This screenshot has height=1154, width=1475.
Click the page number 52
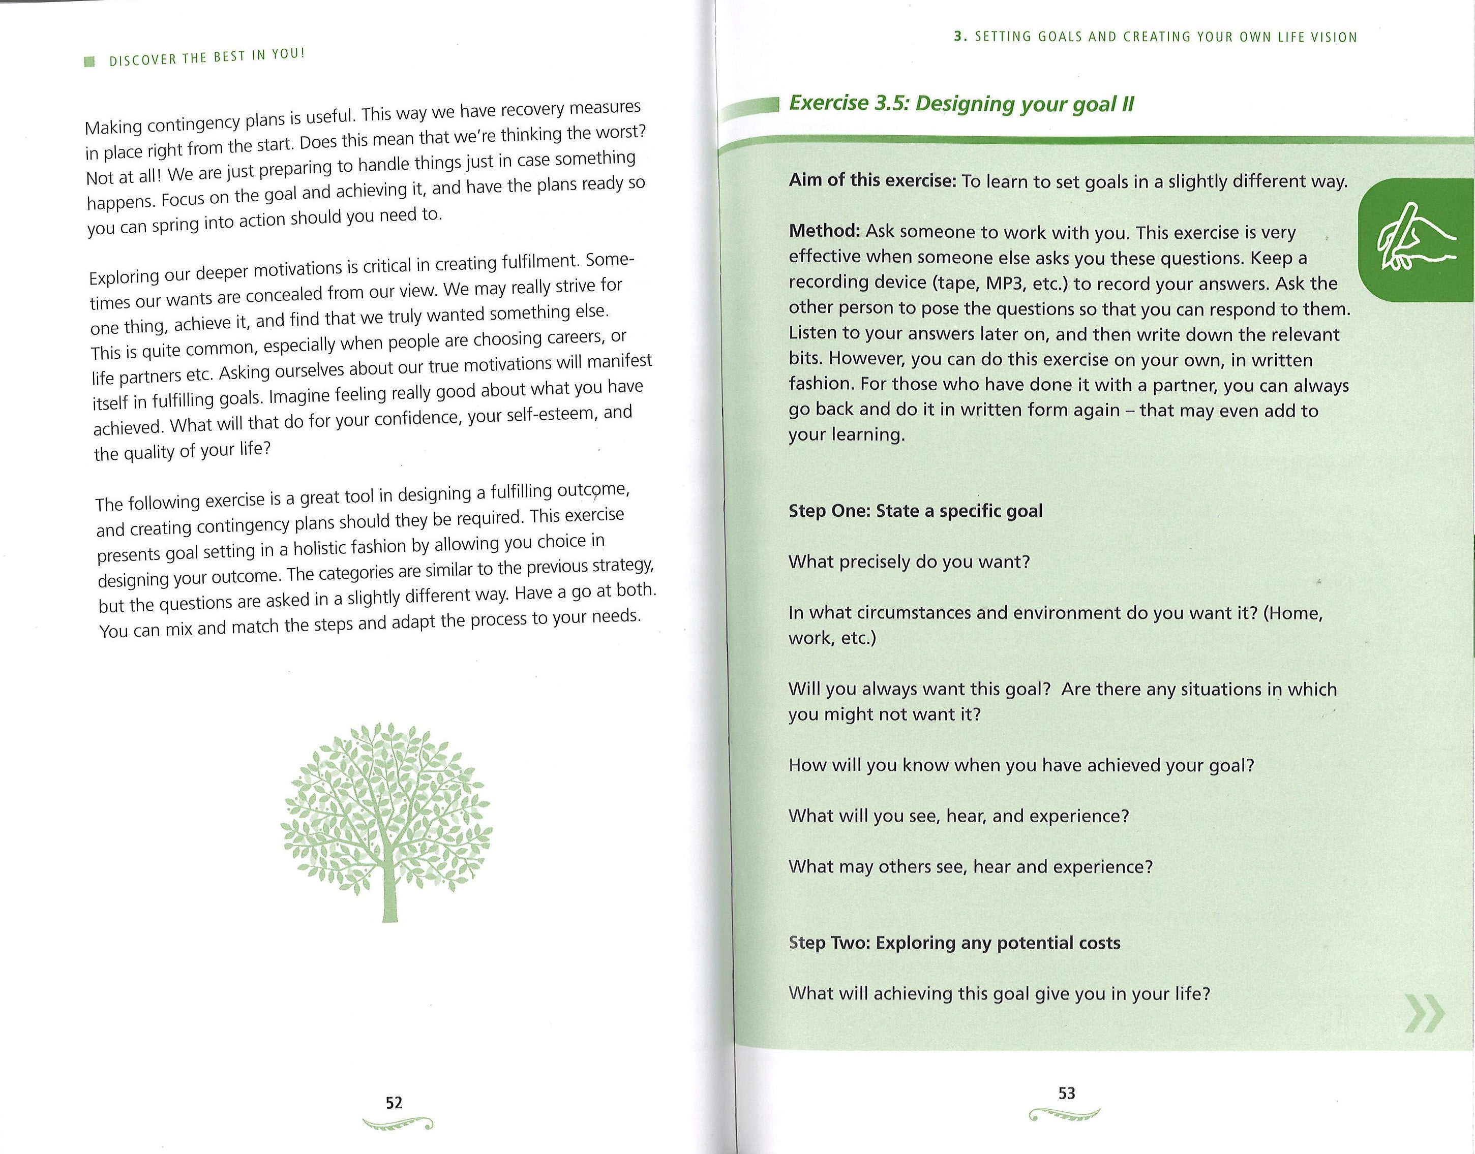[394, 1103]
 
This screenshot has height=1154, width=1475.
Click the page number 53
[1066, 1093]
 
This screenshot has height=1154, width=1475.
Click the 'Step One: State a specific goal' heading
[915, 510]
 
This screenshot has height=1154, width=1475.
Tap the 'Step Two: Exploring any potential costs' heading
[954, 943]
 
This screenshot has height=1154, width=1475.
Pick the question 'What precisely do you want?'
[909, 562]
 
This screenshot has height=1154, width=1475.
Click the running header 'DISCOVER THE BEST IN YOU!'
[207, 57]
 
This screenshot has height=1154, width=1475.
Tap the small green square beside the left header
[87, 62]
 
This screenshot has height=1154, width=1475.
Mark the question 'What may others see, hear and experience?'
[970, 867]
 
